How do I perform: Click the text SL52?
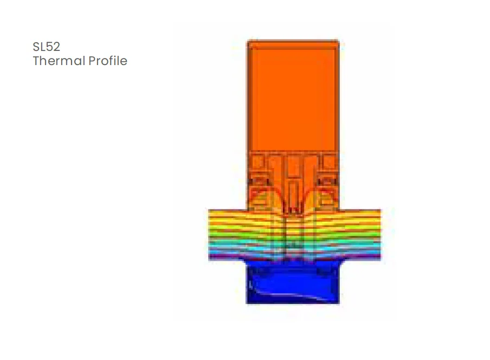[46, 47]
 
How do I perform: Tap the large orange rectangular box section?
[293, 95]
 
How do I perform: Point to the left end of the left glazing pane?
[210, 234]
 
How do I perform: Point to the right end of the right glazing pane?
[379, 234]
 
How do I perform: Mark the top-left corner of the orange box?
[249, 42]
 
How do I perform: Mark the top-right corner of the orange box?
[338, 42]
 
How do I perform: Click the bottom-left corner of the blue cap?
[248, 302]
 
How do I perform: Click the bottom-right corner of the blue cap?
[338, 302]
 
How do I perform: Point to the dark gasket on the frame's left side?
[255, 180]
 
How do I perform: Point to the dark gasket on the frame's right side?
[330, 180]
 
